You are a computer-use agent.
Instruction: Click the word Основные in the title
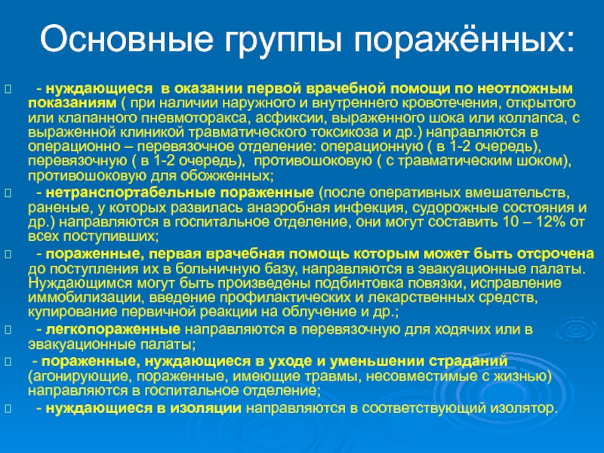[126, 39]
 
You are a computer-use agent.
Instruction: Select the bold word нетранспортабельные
[131, 193]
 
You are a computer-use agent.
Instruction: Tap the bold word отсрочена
[556, 254]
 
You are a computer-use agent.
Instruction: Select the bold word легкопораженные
[112, 329]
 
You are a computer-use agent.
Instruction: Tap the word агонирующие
[80, 376]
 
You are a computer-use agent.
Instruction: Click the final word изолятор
[523, 408]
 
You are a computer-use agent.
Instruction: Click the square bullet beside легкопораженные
[8, 330]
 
